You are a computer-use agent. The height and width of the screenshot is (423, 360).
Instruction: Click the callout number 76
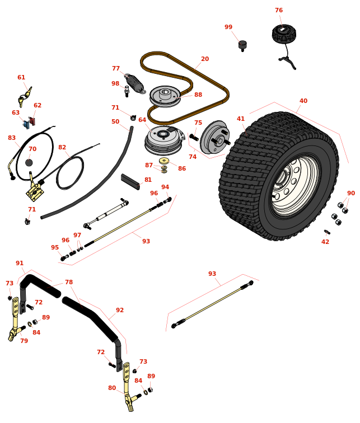pyautogui.click(x=278, y=11)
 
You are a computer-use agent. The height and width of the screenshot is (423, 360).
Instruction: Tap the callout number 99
pyautogui.click(x=228, y=27)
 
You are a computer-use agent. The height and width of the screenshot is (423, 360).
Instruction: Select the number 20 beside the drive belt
pyautogui.click(x=205, y=59)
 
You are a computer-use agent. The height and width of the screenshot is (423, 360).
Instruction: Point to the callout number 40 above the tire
pyautogui.click(x=303, y=101)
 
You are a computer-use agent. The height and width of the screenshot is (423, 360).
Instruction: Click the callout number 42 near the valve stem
pyautogui.click(x=325, y=242)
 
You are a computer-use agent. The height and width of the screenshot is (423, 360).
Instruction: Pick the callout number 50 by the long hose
pyautogui.click(x=115, y=122)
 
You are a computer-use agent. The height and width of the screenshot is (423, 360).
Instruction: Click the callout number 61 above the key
pyautogui.click(x=21, y=78)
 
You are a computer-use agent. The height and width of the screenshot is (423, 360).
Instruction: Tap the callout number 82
pyautogui.click(x=62, y=148)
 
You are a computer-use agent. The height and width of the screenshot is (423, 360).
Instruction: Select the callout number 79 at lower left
pyautogui.click(x=24, y=341)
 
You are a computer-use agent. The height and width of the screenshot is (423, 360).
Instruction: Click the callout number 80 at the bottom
pyautogui.click(x=112, y=388)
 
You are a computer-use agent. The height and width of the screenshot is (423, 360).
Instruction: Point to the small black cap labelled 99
pyautogui.click(x=242, y=45)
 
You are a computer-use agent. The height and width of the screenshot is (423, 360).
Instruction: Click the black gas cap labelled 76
pyautogui.click(x=284, y=33)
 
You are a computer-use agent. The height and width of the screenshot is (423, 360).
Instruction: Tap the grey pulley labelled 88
pyautogui.click(x=165, y=95)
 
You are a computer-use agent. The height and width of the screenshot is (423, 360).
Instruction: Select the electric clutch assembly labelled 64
pyautogui.click(x=163, y=139)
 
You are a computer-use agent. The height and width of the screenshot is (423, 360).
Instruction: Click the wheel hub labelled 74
pyautogui.click(x=215, y=137)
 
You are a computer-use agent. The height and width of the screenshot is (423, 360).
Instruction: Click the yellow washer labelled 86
pyautogui.click(x=164, y=161)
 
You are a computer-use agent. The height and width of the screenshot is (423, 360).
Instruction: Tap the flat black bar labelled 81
pyautogui.click(x=130, y=181)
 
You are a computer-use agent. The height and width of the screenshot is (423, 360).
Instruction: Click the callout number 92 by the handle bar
pyautogui.click(x=120, y=311)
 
